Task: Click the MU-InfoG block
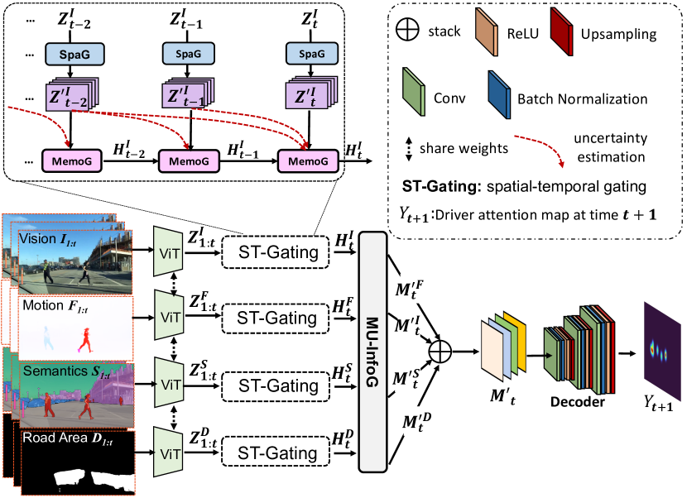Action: tap(375, 352)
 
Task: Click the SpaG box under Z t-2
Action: tap(70, 51)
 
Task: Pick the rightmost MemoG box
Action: tap(308, 159)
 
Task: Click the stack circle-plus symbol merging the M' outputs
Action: tap(440, 351)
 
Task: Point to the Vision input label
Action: tap(37, 239)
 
